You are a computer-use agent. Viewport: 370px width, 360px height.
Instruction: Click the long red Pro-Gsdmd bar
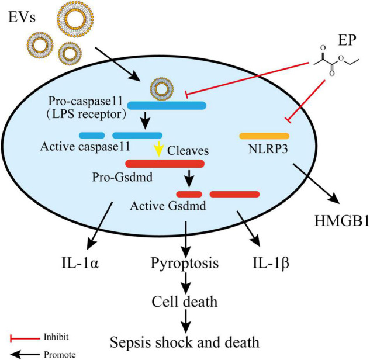[x=164, y=164]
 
